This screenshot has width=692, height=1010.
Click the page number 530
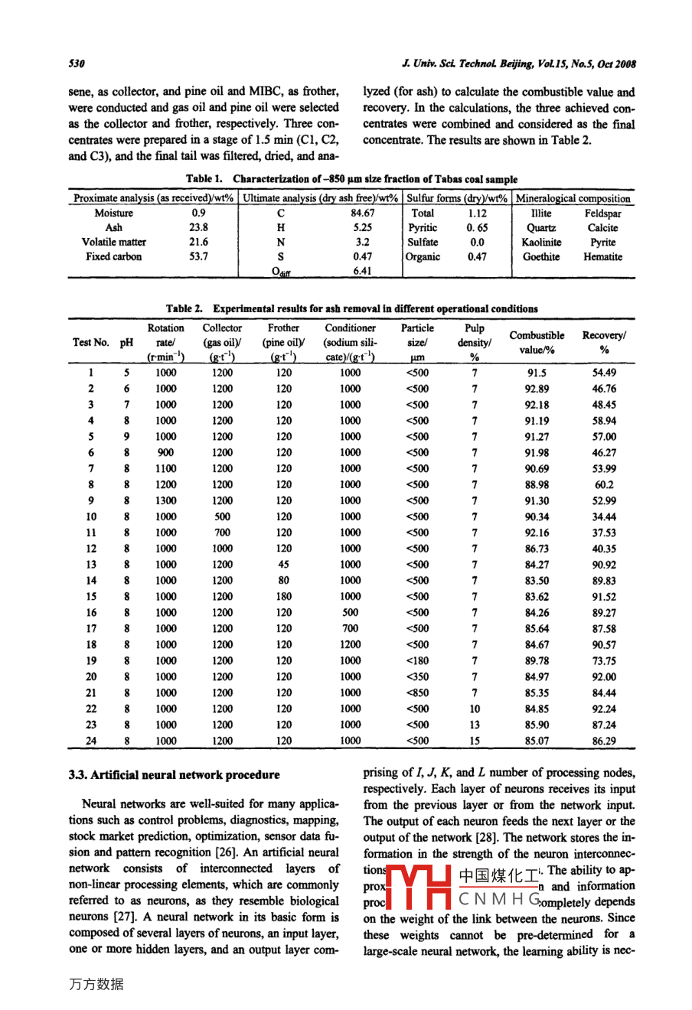[x=76, y=64]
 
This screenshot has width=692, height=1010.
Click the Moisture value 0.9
[x=198, y=213]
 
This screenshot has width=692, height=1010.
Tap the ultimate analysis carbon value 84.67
[x=362, y=213]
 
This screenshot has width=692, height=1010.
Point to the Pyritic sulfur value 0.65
[x=477, y=228]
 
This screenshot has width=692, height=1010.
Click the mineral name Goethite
[x=540, y=257]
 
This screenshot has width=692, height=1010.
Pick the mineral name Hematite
[x=602, y=257]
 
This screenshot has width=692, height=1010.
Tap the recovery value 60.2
[x=604, y=484]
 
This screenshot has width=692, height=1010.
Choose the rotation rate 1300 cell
[x=165, y=500]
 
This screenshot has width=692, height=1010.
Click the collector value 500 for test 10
[x=223, y=516]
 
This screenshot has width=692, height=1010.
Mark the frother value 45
[x=284, y=565]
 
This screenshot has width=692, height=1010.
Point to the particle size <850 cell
[x=417, y=692]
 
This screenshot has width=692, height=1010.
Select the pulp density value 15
[x=475, y=741]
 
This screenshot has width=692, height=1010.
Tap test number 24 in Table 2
[x=91, y=741]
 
